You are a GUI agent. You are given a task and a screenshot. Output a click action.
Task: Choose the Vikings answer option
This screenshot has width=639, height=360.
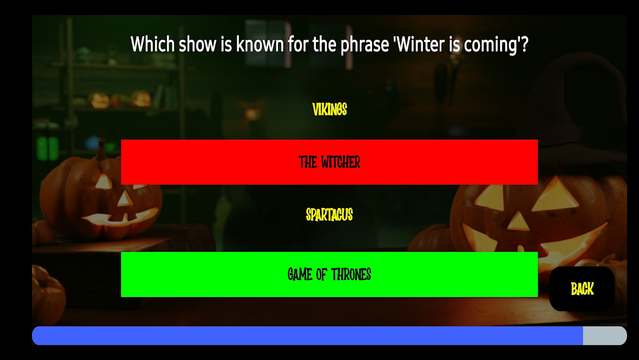(330, 110)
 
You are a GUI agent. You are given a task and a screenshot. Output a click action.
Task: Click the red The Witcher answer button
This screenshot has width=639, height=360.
(330, 162)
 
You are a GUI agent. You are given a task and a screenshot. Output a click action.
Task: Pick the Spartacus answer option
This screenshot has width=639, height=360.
(330, 215)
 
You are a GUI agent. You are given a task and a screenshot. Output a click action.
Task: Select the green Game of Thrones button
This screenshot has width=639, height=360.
(330, 274)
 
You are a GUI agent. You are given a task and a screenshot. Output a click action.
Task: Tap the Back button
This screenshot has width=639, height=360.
(582, 289)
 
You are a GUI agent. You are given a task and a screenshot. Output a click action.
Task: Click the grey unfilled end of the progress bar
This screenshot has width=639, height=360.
(605, 336)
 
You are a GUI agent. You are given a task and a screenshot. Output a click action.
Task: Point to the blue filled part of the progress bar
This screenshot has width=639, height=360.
(307, 336)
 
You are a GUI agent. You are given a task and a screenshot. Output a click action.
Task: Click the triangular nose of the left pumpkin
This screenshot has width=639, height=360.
(124, 198)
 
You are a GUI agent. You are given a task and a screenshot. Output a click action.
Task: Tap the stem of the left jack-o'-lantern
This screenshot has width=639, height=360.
(100, 149)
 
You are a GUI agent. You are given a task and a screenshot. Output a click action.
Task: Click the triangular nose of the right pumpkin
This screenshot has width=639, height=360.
(518, 221)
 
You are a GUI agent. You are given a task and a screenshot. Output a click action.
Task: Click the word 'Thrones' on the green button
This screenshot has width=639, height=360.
(351, 275)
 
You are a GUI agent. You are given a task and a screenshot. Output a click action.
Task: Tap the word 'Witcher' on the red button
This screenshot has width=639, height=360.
(340, 162)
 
